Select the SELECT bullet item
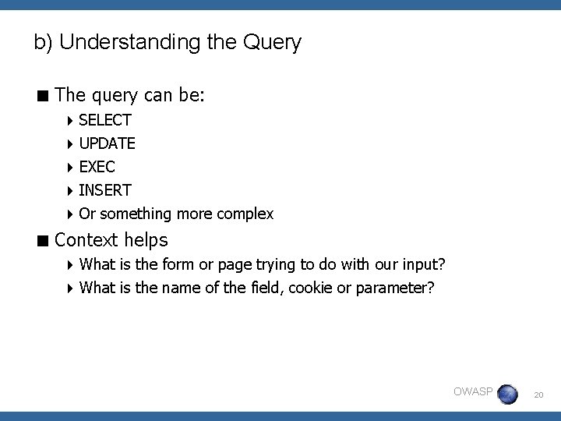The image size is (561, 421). point(105,120)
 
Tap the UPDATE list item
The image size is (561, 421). point(108,143)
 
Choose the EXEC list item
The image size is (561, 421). point(97,167)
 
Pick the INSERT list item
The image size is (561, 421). point(105,190)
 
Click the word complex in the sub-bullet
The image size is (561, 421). point(245,214)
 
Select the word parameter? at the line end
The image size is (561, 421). point(395,288)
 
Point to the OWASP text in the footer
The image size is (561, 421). point(473,391)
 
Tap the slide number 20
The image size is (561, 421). point(538,397)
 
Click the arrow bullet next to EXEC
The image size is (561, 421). point(70,167)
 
